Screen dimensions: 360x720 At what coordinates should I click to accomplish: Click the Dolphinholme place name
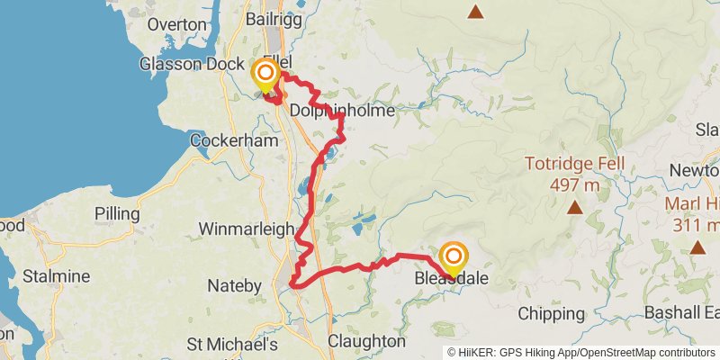[336, 110]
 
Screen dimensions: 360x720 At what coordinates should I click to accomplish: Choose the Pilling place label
[117, 214]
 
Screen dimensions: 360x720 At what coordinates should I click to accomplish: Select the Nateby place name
[234, 287]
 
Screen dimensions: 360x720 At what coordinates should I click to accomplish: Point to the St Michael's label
[231, 344]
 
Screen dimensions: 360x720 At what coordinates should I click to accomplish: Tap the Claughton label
[366, 342]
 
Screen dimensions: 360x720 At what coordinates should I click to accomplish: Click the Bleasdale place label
[452, 279]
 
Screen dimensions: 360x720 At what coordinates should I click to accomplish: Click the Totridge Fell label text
[575, 166]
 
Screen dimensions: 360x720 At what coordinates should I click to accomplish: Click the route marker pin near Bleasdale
[453, 257]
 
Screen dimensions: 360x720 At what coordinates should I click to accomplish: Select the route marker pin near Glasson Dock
[265, 74]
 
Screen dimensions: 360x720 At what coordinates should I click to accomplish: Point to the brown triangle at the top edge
[474, 12]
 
